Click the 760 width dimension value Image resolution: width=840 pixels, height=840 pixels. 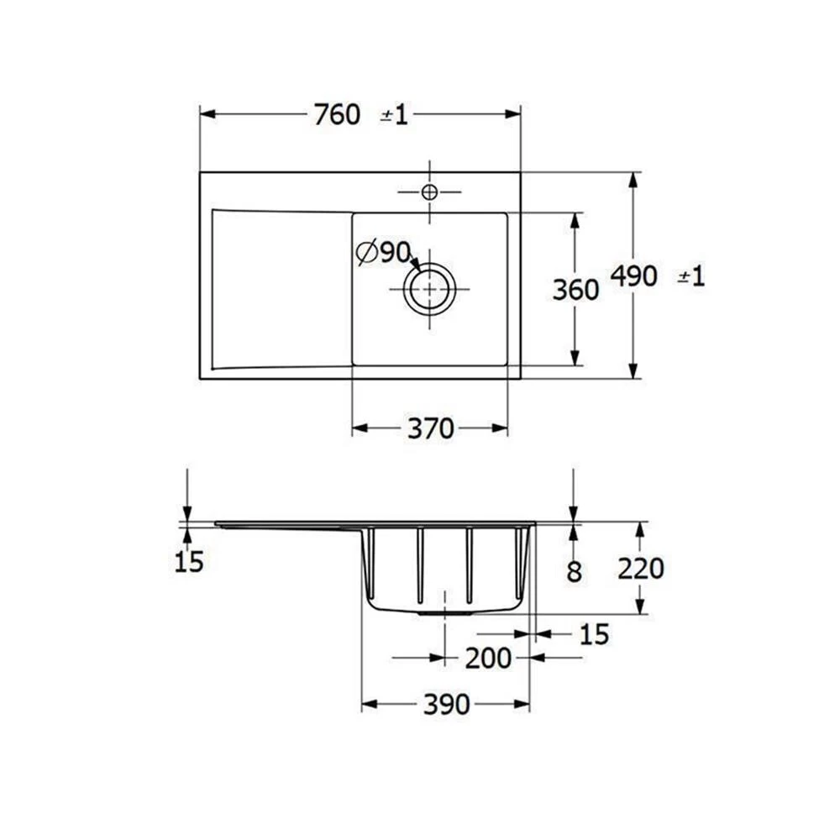[x=337, y=115]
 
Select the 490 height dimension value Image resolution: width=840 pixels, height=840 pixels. [x=633, y=276]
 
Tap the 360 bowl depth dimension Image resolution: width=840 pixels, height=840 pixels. [x=575, y=289]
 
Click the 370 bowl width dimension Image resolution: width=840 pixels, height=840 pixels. [x=430, y=429]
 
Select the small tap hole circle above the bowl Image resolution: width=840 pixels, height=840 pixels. [x=429, y=192]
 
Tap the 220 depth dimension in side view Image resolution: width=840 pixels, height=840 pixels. [x=640, y=569]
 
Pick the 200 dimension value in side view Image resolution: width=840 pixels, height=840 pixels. [x=488, y=659]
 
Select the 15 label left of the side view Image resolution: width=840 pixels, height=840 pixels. [x=189, y=562]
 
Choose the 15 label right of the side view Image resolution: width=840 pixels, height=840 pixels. [x=594, y=635]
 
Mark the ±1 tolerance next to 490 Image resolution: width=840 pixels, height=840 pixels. [x=690, y=276]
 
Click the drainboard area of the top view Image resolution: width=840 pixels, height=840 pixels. [x=281, y=287]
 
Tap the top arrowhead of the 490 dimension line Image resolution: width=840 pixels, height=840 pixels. [x=634, y=179]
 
